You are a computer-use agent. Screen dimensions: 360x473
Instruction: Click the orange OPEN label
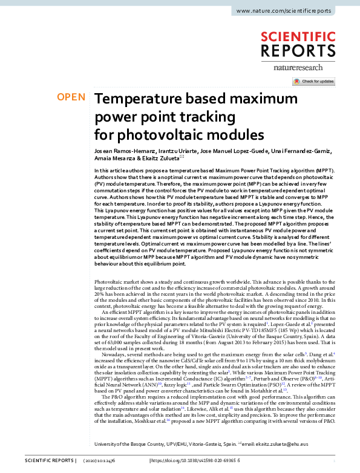click(70, 97)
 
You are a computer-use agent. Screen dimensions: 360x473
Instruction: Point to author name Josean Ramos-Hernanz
click(124, 149)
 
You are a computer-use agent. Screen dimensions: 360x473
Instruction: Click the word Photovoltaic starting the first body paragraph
click(111, 282)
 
